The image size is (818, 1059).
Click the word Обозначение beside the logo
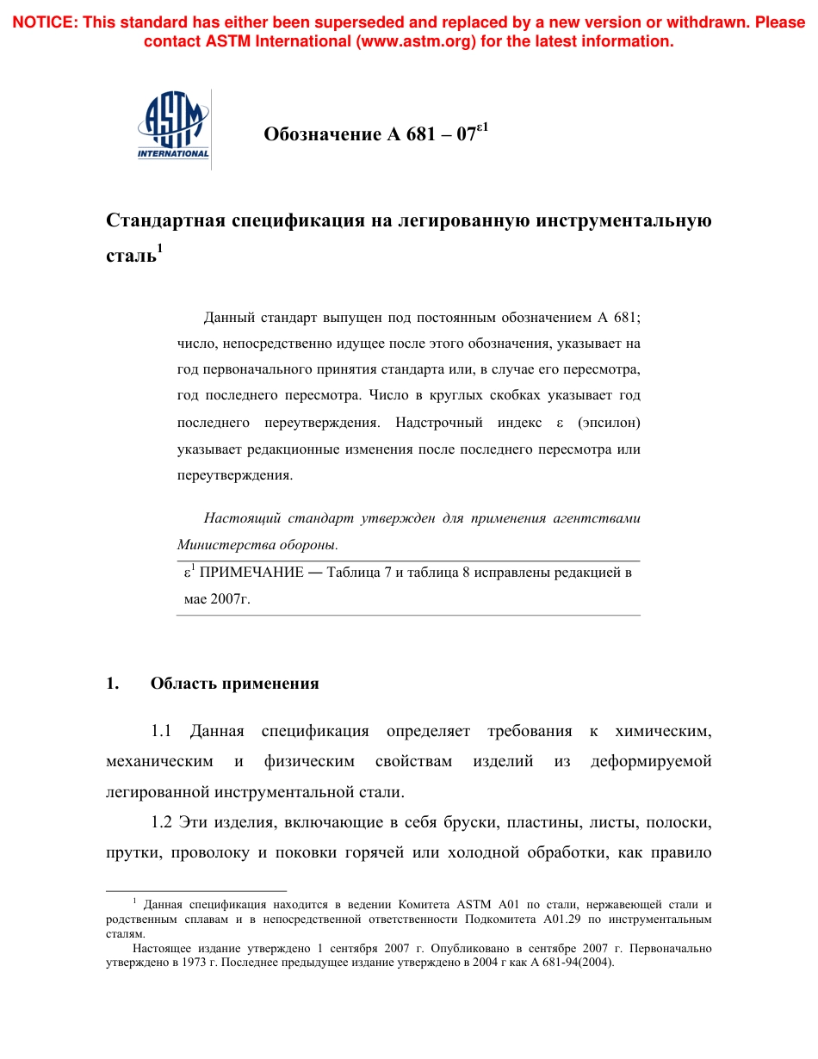321,134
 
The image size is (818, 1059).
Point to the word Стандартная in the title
164,221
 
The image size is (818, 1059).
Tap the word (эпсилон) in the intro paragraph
609,423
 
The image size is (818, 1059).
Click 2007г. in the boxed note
230,598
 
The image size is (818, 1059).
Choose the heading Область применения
234,684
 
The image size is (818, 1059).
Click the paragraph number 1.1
162,732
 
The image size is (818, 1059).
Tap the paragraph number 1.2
162,822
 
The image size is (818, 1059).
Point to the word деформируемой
652,762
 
